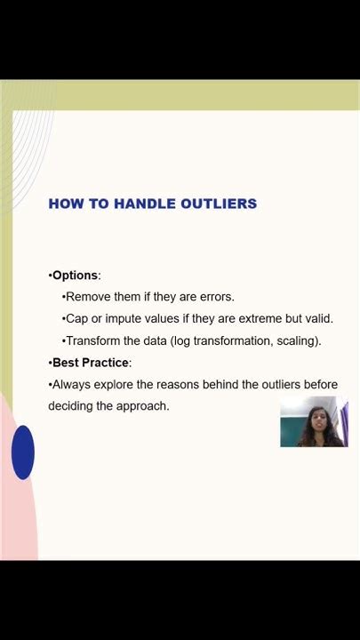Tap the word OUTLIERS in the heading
click(x=219, y=204)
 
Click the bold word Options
click(x=76, y=276)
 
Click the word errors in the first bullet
click(x=214, y=297)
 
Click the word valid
click(x=316, y=318)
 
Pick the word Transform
click(x=95, y=340)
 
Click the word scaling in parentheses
click(x=297, y=340)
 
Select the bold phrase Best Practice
click(x=91, y=363)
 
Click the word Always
click(x=73, y=385)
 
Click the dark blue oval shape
click(x=23, y=452)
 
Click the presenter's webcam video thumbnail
click(x=314, y=422)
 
